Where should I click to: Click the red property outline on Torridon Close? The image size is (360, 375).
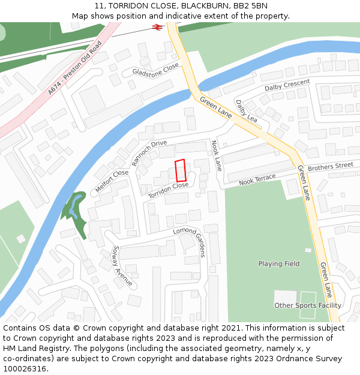point(181,170)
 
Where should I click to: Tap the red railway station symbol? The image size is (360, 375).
point(158,27)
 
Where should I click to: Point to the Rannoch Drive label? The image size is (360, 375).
point(149,152)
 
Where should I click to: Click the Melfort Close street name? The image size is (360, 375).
point(112,181)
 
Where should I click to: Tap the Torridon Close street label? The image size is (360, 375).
point(169,190)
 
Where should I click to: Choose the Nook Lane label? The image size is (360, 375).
point(216,155)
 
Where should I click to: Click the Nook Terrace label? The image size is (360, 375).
point(257,179)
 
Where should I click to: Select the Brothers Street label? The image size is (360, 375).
point(331,166)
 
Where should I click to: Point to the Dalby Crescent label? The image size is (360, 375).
point(287,85)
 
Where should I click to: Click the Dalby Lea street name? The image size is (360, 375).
point(247,111)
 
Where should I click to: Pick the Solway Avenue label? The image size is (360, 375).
point(122,266)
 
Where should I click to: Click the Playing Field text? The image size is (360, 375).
point(279,264)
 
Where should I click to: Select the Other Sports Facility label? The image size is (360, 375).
point(308,305)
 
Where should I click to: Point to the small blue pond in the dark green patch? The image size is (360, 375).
point(74,206)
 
